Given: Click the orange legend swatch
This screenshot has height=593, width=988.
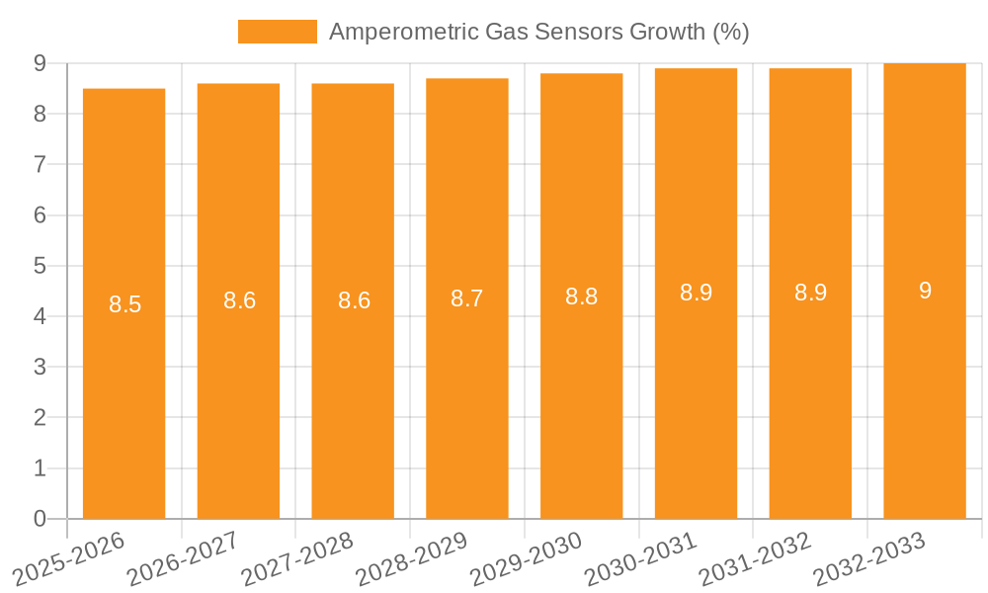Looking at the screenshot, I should (x=277, y=32).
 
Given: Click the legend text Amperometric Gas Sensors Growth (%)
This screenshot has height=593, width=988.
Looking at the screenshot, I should (x=538, y=32).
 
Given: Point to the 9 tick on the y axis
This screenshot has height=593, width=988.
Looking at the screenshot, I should (x=40, y=63).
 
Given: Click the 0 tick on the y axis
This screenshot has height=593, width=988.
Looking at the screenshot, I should (x=40, y=519).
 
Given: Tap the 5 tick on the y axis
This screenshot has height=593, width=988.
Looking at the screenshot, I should (x=40, y=266).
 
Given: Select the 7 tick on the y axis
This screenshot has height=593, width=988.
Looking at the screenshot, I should (x=40, y=164).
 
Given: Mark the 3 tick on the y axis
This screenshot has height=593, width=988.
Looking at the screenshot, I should (x=40, y=367).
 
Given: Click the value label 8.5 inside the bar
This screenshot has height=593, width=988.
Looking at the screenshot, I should (x=124, y=304).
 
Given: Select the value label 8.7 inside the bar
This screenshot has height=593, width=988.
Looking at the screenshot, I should (x=466, y=298).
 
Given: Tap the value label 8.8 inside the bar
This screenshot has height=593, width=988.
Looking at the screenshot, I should (x=581, y=296).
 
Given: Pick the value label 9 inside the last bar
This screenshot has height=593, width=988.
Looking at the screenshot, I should (x=925, y=291).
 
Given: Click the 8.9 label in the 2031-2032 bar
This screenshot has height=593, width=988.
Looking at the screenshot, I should (x=810, y=293).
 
